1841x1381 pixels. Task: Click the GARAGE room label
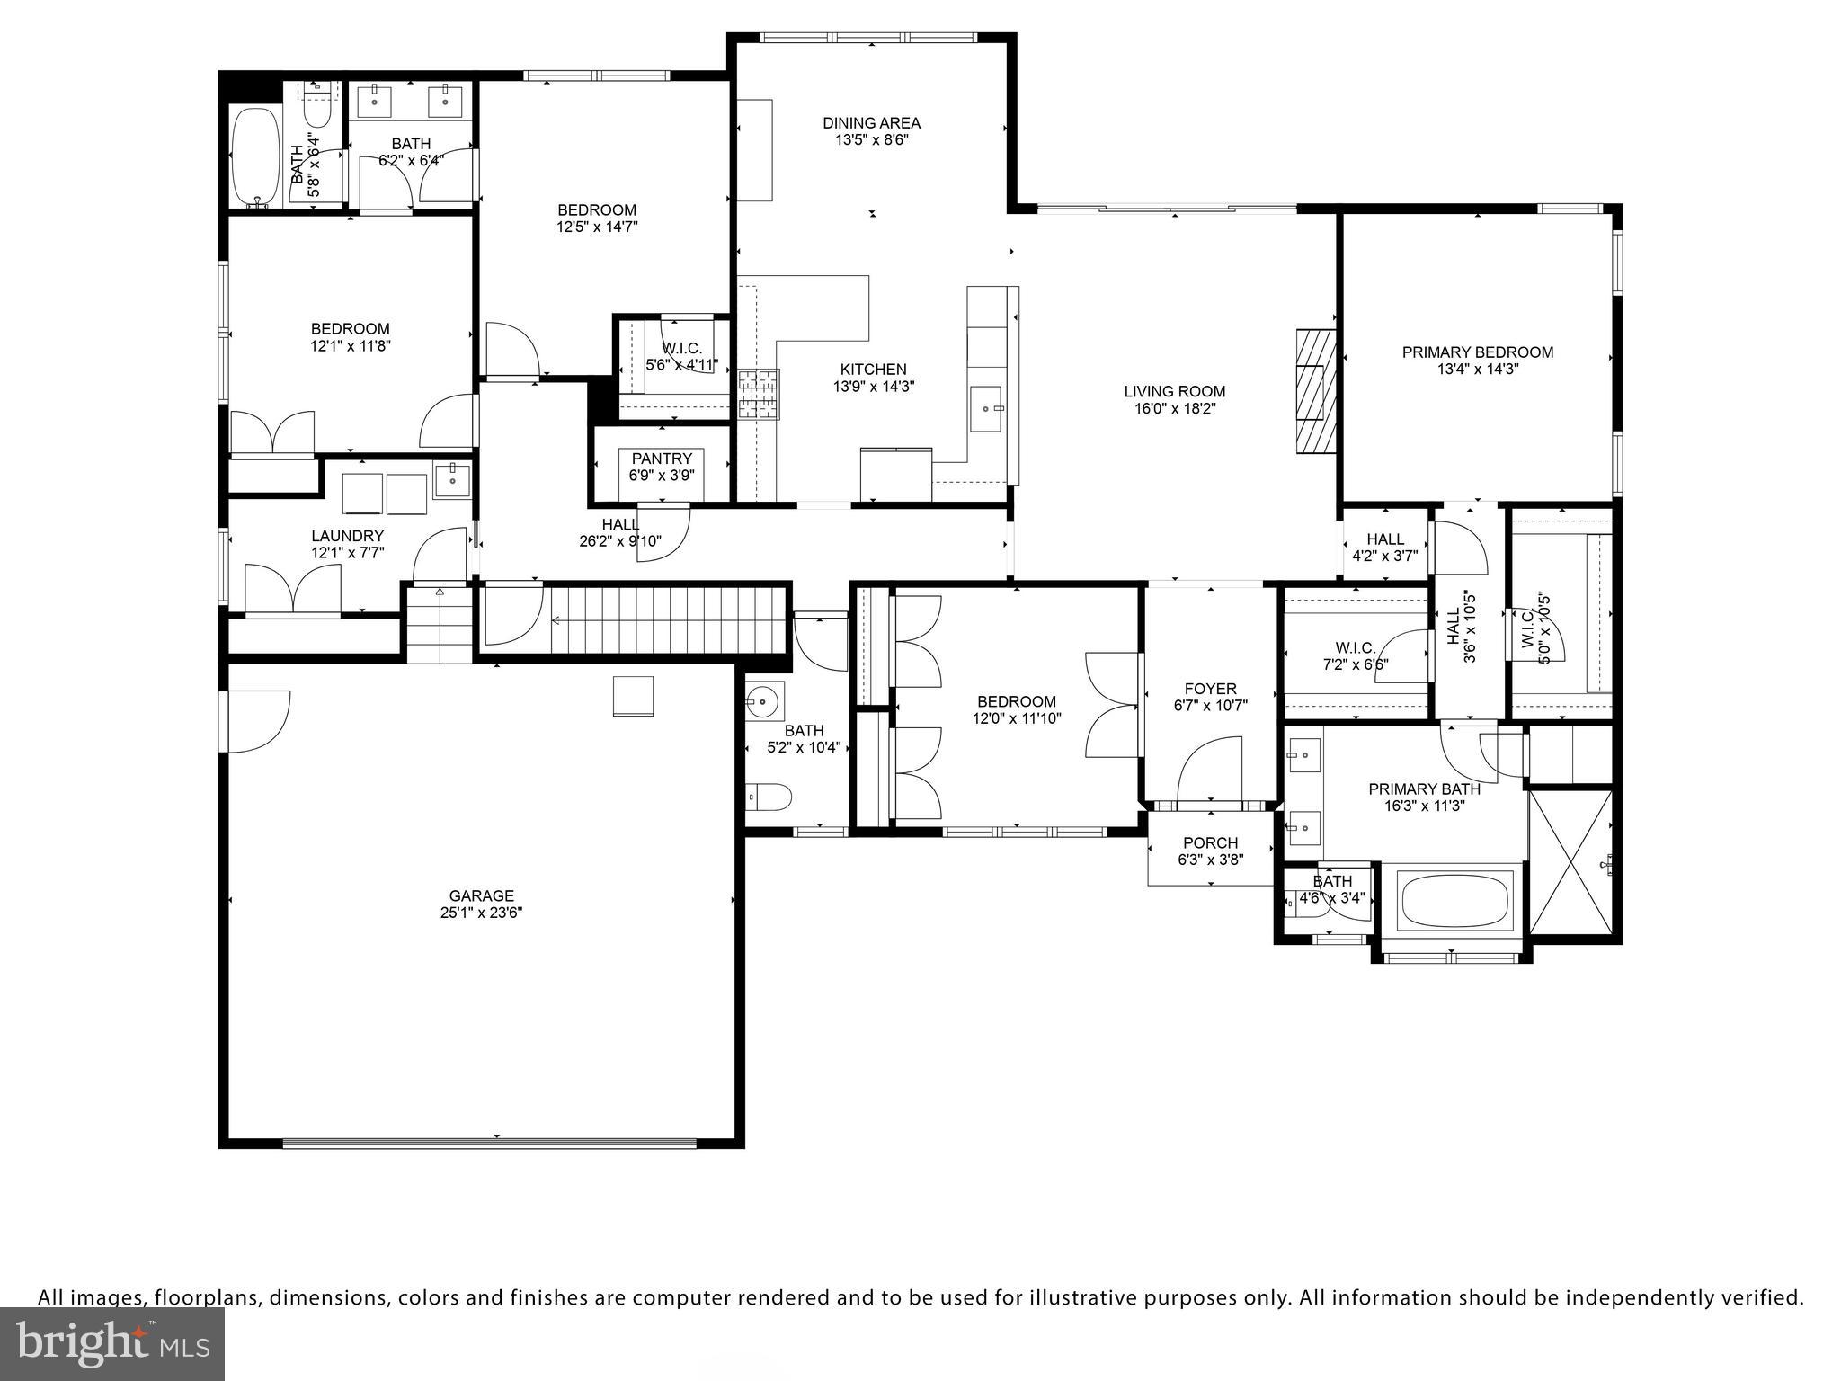coord(481,895)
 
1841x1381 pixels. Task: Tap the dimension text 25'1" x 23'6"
coord(481,913)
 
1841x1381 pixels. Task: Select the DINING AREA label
coord(871,123)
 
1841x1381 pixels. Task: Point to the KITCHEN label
coord(873,370)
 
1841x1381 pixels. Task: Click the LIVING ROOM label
coord(1174,391)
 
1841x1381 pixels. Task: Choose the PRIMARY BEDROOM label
coord(1477,352)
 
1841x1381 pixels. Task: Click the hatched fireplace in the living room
coord(1315,393)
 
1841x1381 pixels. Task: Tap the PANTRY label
coord(662,459)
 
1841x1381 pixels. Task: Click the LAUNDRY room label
coord(347,536)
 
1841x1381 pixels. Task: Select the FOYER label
coord(1210,689)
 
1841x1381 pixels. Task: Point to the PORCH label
coord(1210,843)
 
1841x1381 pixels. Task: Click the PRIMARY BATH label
coord(1424,789)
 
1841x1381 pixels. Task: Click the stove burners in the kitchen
coord(758,396)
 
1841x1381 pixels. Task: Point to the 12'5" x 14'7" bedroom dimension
coord(597,227)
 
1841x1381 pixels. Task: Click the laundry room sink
coord(451,479)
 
